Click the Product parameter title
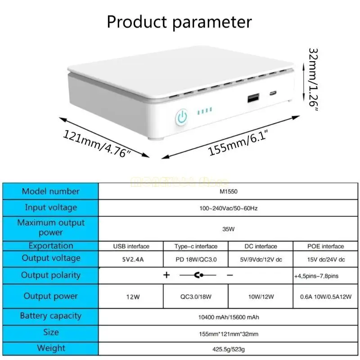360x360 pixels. tap(179, 22)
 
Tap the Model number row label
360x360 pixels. tap(50, 191)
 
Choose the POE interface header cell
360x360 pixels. tap(326, 246)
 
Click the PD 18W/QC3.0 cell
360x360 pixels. tap(196, 259)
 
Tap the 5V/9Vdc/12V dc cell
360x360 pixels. tap(261, 259)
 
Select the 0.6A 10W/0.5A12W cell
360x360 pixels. tap(326, 297)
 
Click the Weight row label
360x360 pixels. tap(50, 348)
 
